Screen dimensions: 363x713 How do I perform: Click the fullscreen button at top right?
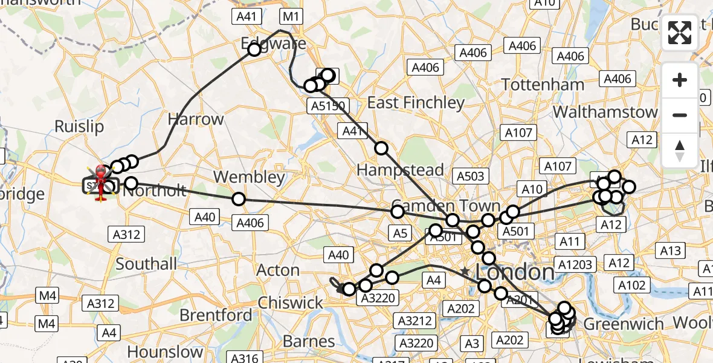point(680,33)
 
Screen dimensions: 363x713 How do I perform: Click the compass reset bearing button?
point(680,151)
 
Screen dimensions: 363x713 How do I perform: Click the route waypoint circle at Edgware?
point(254,50)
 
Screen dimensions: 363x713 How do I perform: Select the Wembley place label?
point(249,177)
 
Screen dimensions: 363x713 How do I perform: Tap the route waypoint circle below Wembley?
point(239,198)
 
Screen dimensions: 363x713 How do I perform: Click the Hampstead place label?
point(400,170)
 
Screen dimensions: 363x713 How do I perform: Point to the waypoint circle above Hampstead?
point(381,148)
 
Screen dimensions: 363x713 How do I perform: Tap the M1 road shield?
point(291,17)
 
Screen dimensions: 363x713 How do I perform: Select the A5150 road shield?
point(329,106)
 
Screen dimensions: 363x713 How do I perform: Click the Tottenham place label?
point(543,85)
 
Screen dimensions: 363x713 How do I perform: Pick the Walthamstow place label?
point(605,112)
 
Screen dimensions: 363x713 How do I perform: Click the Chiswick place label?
point(291,302)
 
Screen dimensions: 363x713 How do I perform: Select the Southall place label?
point(146,264)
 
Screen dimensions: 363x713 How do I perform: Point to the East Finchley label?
point(416,103)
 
